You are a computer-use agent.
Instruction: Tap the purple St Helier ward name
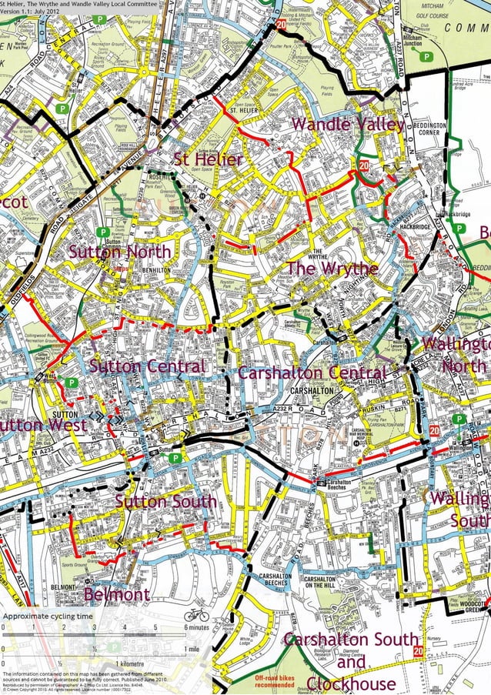[208, 159]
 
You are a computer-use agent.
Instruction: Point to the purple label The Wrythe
[332, 269]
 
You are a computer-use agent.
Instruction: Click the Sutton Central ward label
[147, 366]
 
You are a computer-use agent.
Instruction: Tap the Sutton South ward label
[165, 502]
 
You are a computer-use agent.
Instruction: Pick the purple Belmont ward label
[117, 594]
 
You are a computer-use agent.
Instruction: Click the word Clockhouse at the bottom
[351, 683]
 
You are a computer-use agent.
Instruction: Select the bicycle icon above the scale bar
[195, 615]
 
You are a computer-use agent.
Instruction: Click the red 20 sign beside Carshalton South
[418, 651]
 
